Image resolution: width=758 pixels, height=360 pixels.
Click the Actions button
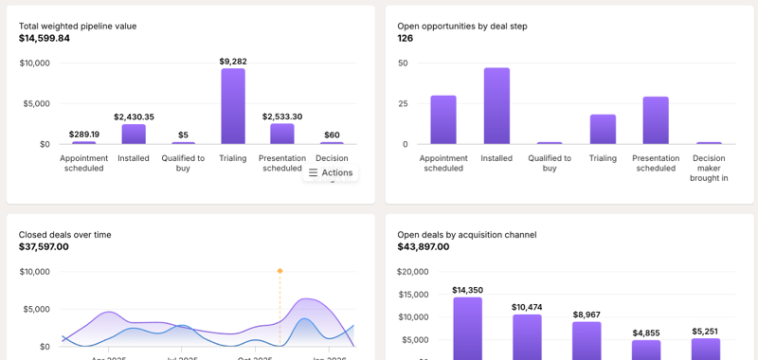(331, 172)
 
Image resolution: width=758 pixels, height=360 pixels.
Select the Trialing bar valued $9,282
(233, 106)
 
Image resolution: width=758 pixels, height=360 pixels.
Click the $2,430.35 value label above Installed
(134, 117)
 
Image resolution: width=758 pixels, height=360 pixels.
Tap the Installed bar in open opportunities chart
(496, 106)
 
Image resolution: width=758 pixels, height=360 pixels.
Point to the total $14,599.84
(45, 38)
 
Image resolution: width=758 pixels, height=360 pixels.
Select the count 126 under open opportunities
(406, 38)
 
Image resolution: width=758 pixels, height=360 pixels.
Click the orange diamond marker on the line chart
(280, 271)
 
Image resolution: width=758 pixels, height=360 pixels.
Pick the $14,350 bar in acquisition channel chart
(467, 328)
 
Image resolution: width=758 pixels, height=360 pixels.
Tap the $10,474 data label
(527, 307)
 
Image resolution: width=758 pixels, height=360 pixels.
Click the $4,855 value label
(646, 333)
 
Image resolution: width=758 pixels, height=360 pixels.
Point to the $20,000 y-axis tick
(413, 272)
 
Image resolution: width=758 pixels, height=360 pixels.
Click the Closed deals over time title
(64, 234)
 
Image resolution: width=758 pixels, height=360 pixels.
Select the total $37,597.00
(44, 246)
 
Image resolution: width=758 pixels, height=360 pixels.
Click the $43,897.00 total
(423, 246)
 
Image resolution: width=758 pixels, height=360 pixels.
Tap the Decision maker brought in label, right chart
(709, 168)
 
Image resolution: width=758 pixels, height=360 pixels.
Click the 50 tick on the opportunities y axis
(403, 63)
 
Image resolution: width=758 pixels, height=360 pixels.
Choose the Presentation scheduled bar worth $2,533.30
(282, 134)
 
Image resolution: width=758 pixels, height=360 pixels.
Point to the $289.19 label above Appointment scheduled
(84, 135)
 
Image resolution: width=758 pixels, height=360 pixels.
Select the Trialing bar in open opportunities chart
(603, 129)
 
